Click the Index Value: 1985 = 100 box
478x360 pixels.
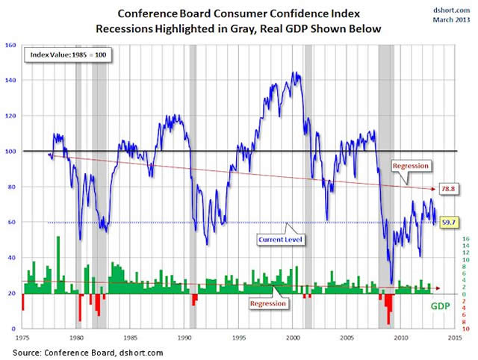click(68, 56)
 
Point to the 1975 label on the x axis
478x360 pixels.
click(22, 337)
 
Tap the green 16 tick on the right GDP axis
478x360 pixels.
click(466, 238)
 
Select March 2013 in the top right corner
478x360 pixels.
click(450, 19)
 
